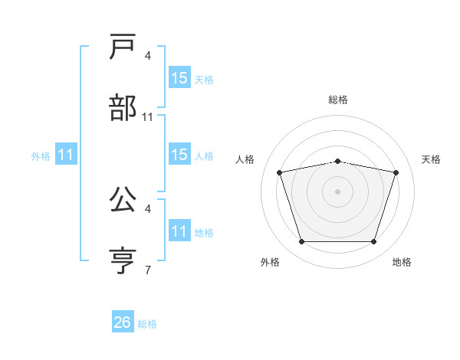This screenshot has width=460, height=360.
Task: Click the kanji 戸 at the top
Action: point(123,47)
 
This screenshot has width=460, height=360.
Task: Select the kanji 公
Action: point(123,200)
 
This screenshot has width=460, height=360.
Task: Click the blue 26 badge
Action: point(123,322)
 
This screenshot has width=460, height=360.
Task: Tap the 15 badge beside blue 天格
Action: point(179,78)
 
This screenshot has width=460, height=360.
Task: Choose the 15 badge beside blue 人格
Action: point(179,155)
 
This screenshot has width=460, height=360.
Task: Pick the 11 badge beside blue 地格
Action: point(179,231)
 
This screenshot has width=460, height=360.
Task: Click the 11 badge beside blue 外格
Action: point(67,155)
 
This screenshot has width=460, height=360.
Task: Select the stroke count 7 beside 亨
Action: point(148,270)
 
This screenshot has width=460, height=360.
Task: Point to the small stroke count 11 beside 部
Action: point(148,117)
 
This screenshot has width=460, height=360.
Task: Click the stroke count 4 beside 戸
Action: point(148,56)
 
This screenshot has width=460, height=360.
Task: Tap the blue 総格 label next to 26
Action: point(147,324)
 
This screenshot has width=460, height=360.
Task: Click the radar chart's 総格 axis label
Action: point(337,100)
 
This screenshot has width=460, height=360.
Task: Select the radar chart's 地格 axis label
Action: point(402,262)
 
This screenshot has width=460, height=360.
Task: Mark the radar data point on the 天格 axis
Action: point(396,172)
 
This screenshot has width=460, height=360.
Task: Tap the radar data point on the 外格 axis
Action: point(301,242)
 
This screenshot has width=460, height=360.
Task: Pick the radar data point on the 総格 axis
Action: point(337,161)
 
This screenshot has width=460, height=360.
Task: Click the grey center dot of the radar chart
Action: point(337,191)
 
